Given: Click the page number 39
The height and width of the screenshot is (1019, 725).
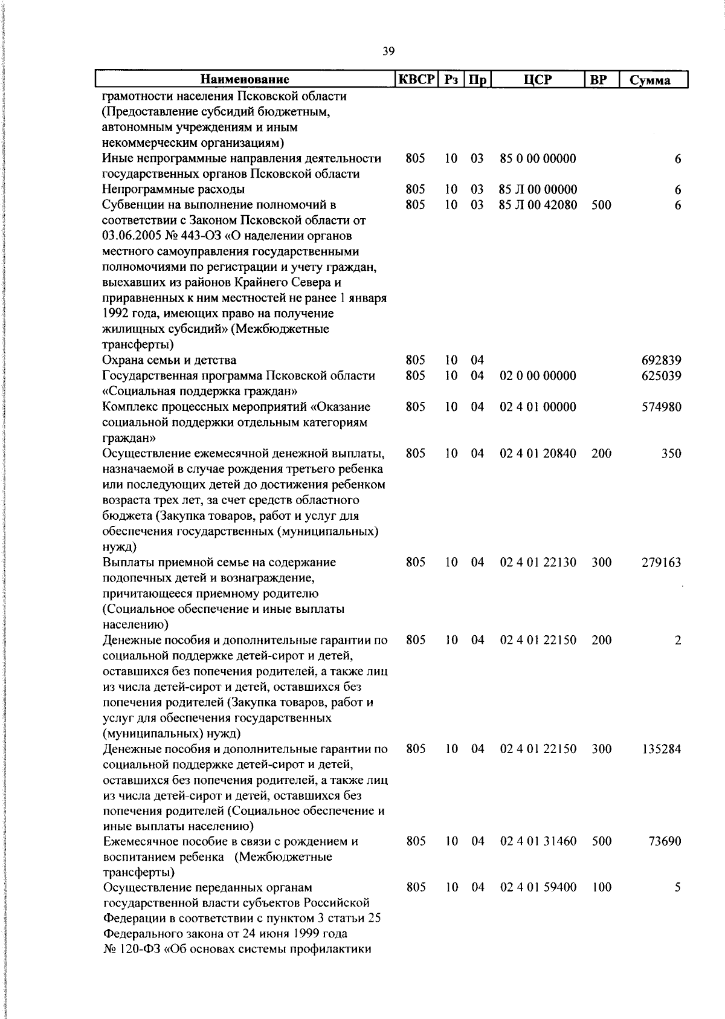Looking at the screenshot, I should click(388, 51).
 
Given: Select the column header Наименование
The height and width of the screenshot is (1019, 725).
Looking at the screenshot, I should click(245, 79).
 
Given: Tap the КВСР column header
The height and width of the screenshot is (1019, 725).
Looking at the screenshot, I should click(416, 79).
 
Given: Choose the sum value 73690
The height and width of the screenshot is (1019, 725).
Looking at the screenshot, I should click(665, 841).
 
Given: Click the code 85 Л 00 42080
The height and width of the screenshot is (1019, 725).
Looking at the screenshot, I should click(538, 205).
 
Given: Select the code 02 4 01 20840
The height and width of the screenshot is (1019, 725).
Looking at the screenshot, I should click(538, 453).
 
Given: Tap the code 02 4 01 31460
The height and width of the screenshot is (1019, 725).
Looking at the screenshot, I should click(538, 841).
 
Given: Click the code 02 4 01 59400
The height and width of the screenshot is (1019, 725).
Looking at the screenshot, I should click(538, 888).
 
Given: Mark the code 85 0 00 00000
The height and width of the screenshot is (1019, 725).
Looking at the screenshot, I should click(538, 158).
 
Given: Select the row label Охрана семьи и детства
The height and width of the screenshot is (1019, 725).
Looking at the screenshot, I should click(169, 361).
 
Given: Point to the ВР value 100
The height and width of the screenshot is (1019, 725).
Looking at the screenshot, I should click(601, 888).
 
